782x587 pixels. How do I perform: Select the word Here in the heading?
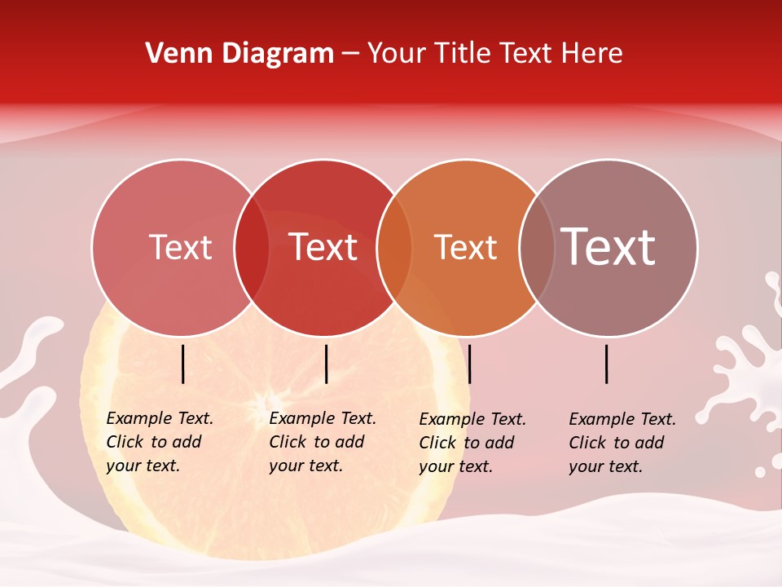coord(594,54)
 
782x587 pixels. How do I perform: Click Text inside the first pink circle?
coord(180,247)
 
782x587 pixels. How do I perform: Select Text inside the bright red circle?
coord(323,247)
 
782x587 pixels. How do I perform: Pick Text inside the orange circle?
coord(465,247)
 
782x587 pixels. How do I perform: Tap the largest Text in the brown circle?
coord(608,246)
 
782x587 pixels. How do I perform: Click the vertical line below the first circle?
coord(183,364)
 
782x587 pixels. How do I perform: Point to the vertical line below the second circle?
coord(326,364)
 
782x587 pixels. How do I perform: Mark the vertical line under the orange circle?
coord(469,364)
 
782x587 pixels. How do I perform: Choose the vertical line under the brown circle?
coord(607,364)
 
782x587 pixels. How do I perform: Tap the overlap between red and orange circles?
coord(394,247)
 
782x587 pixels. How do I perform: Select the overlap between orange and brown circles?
coord(537,247)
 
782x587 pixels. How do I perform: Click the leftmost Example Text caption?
coord(159,442)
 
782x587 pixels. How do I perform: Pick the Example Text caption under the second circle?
coord(322,442)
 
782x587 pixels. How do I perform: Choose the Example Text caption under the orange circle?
coord(472,443)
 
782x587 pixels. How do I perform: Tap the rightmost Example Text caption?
coord(622,443)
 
